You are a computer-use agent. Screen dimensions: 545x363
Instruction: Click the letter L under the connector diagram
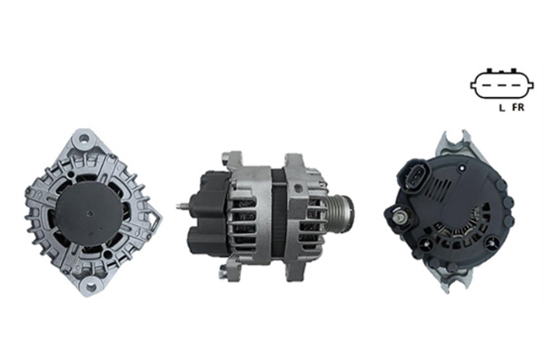point(501,108)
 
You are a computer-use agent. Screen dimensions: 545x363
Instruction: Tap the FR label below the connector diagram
point(518,108)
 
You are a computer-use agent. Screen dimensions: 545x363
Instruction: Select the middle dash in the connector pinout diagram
point(500,85)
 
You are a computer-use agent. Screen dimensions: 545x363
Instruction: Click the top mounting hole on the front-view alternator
point(84,139)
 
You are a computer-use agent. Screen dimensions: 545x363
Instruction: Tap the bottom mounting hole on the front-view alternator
point(91,288)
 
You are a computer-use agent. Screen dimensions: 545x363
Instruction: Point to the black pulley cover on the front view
point(90,213)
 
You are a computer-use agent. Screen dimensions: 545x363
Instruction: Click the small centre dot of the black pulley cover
point(90,213)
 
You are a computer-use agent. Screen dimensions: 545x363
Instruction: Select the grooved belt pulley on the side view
point(340,212)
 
